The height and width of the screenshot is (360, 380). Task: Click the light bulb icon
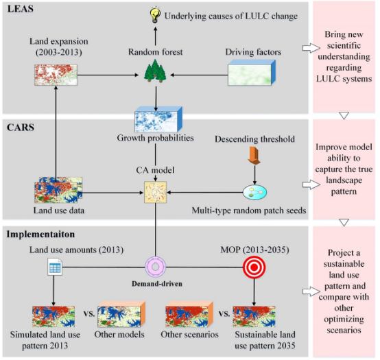click(155, 15)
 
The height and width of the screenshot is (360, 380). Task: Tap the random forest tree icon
click(155, 71)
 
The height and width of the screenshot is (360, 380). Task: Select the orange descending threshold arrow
click(254, 156)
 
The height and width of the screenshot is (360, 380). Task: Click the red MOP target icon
click(254, 267)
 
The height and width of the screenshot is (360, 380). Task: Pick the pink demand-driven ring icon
click(155, 267)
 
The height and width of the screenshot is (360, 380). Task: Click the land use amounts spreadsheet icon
click(55, 267)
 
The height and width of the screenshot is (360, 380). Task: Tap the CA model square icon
click(155, 193)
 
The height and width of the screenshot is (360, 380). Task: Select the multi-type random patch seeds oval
click(254, 193)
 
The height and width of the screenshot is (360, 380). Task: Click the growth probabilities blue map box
click(158, 119)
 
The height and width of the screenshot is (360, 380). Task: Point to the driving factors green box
click(252, 73)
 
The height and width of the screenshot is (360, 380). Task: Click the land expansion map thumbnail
click(56, 75)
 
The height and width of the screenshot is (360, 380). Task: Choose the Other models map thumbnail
click(121, 314)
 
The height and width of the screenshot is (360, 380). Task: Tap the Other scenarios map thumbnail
click(189, 314)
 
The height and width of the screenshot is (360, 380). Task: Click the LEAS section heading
click(21, 9)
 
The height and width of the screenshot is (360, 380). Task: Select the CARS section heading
click(21, 128)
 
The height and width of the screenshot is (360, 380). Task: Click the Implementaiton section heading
click(40, 235)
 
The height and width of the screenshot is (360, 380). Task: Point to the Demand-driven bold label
click(157, 284)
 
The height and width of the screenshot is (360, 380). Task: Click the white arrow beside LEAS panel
click(311, 48)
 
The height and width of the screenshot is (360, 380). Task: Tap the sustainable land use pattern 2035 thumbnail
click(254, 317)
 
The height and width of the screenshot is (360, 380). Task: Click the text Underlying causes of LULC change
click(231, 16)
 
